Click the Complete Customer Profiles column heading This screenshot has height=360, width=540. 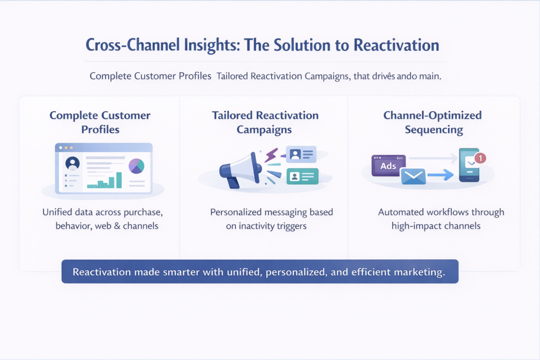point(100,122)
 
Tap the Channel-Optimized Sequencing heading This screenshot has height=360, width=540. point(433,122)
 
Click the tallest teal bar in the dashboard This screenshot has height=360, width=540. point(119,180)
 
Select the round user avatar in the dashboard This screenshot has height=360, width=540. point(72,163)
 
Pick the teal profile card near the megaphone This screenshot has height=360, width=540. point(302,176)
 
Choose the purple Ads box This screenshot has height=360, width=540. point(389,166)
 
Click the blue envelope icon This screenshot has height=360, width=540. point(413,177)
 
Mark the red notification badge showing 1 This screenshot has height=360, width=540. point(480,157)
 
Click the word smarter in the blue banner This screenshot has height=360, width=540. point(186,272)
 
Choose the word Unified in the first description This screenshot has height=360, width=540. point(57,212)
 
